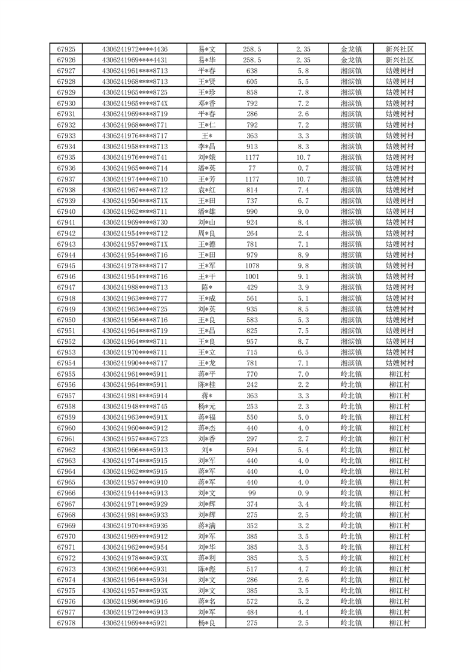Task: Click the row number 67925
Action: (66, 49)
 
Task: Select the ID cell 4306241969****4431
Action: (135, 60)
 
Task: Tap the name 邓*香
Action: (206, 103)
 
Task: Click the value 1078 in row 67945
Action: (252, 266)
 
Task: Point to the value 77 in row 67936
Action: (252, 168)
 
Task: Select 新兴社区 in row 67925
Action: (400, 49)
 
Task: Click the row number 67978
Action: (66, 623)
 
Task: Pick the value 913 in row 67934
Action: (252, 147)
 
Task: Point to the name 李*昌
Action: (206, 147)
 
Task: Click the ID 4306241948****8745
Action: (135, 407)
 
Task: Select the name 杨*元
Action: (206, 407)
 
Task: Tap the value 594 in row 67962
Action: (252, 450)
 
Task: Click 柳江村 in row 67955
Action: (400, 374)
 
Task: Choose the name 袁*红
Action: (206, 190)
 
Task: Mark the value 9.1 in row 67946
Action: (303, 277)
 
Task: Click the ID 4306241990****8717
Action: (135, 364)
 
